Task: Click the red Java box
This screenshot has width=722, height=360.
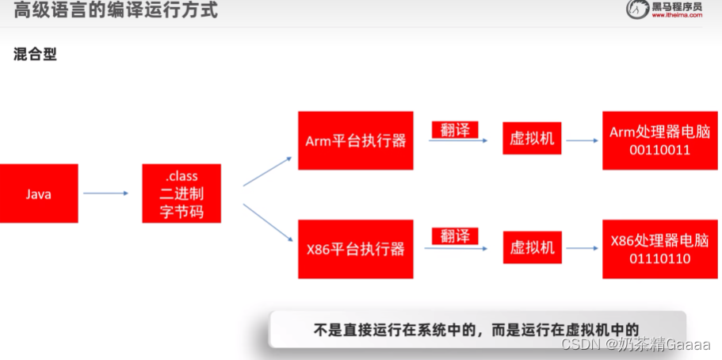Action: pyautogui.click(x=39, y=193)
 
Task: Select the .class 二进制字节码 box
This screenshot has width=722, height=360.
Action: pyautogui.click(x=181, y=193)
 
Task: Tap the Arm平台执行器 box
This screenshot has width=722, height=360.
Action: pyautogui.click(x=355, y=140)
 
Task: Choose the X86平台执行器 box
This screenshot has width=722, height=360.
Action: pyautogui.click(x=355, y=249)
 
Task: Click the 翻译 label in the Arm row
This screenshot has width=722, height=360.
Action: pyautogui.click(x=455, y=129)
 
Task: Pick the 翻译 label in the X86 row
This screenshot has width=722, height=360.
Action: pyautogui.click(x=455, y=236)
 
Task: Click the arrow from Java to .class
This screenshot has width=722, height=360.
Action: pyautogui.click(x=105, y=193)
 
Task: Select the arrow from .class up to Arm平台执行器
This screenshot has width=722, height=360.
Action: pyautogui.click(x=267, y=171)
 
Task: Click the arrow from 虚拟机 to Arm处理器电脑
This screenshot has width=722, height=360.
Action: pyautogui.click(x=582, y=141)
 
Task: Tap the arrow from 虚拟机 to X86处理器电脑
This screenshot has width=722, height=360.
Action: pyautogui.click(x=582, y=248)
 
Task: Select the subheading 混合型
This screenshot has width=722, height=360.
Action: pyautogui.click(x=35, y=55)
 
